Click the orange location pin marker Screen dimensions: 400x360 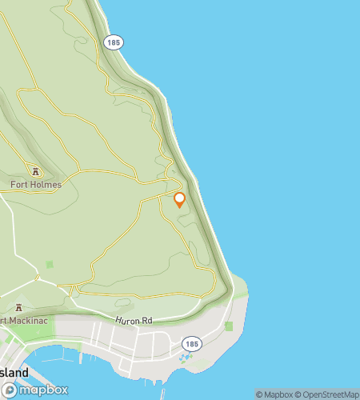[x=180, y=199]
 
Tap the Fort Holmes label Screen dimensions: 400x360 [x=35, y=184]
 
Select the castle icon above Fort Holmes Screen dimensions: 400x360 [x=35, y=170]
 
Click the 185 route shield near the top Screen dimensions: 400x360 [x=114, y=42]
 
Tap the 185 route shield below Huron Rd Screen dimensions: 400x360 [x=190, y=343]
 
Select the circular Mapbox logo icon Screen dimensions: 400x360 [x=10, y=390]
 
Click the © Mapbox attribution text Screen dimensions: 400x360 [x=274, y=394]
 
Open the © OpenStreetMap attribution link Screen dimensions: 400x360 [x=328, y=394]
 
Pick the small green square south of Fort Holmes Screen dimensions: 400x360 [x=50, y=264]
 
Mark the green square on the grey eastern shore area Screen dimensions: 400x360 [x=229, y=326]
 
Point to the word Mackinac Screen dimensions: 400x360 [x=22, y=322]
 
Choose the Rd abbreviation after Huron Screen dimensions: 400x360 [x=146, y=320]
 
